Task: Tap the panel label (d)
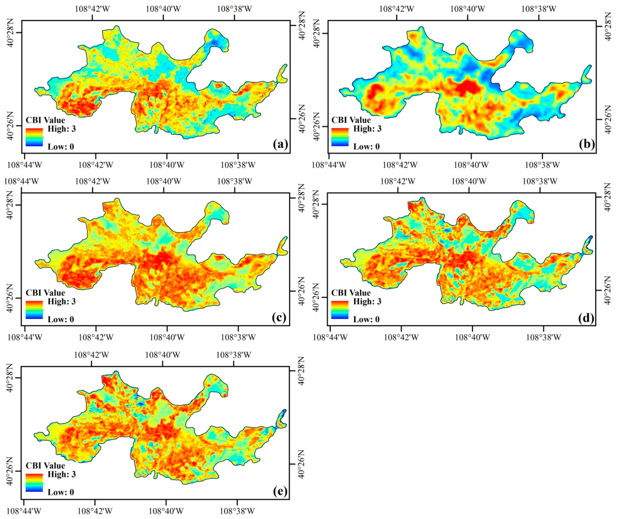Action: (586, 318)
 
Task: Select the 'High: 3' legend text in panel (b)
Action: (367, 129)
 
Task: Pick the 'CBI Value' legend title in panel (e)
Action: (45, 465)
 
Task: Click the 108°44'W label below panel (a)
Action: (25, 165)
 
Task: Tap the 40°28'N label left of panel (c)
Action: (10, 205)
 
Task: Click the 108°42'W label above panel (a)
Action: (93, 9)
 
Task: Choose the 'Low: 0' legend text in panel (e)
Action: (61, 492)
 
